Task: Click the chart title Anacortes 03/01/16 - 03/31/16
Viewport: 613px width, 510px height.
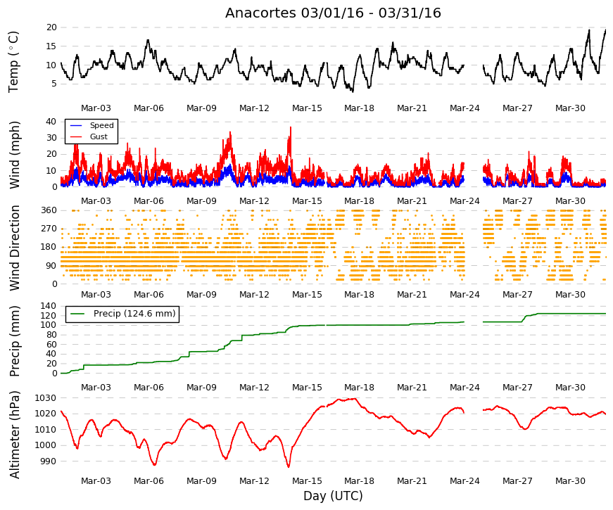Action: pos(333,13)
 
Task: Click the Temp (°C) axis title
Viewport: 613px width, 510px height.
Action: pos(13,62)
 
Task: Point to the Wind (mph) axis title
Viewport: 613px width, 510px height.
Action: pos(15,155)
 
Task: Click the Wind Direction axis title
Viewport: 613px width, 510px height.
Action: pos(15,248)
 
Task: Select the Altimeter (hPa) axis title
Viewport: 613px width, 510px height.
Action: pos(15,435)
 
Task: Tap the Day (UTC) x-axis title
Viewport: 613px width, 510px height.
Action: pos(333,496)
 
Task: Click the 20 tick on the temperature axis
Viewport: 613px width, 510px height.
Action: pos(51,27)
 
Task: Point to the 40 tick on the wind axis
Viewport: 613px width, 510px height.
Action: pos(51,122)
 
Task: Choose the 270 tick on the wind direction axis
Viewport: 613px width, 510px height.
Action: pos(49,229)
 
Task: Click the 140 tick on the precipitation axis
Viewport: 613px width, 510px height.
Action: pos(49,306)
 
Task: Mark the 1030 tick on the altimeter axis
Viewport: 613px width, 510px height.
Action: pos(46,398)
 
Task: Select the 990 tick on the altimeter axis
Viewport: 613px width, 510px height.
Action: pos(49,461)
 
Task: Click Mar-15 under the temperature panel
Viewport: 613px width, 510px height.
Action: pos(308,108)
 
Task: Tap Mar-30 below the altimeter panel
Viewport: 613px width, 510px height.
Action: pos(570,481)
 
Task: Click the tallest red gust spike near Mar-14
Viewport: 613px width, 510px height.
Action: pos(291,128)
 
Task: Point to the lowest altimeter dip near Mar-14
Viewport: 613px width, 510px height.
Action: pos(289,466)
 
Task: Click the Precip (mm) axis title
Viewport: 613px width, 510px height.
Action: pos(15,341)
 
